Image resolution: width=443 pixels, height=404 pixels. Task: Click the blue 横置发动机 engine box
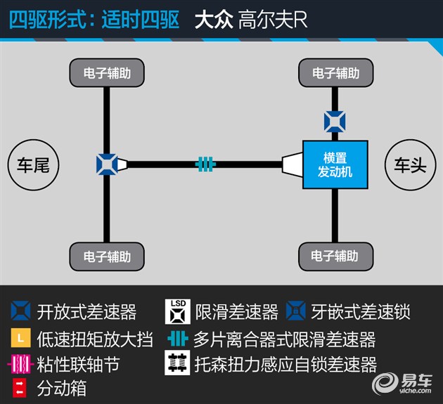(x=335, y=164)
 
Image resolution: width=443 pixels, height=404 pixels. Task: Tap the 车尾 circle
(x=33, y=165)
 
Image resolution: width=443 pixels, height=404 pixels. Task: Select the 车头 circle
(x=411, y=165)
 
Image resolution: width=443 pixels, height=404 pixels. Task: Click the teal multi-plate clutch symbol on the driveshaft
(x=205, y=164)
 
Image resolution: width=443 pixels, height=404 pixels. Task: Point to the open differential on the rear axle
(x=107, y=164)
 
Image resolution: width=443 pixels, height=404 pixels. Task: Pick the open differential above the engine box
(x=335, y=122)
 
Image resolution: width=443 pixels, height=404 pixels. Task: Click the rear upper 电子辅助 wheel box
(x=107, y=72)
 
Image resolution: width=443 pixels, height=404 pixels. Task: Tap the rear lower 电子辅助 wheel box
(x=107, y=256)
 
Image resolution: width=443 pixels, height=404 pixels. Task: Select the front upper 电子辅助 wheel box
(x=336, y=72)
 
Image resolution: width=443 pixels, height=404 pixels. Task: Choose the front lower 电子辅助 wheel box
(x=336, y=256)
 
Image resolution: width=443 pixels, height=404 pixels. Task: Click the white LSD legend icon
(x=178, y=312)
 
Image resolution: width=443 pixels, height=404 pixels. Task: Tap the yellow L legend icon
(x=20, y=337)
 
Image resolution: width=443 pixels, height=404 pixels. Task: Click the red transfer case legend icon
(x=20, y=388)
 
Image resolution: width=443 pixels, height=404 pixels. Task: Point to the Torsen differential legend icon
(x=177, y=363)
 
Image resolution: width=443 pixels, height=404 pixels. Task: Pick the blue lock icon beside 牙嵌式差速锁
(x=296, y=311)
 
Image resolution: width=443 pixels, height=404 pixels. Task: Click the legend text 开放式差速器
(x=86, y=312)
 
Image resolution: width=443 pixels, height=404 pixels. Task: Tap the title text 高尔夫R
(x=273, y=20)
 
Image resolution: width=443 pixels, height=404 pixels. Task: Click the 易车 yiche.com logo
(x=402, y=384)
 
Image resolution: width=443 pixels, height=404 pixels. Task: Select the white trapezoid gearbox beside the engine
(x=293, y=164)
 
